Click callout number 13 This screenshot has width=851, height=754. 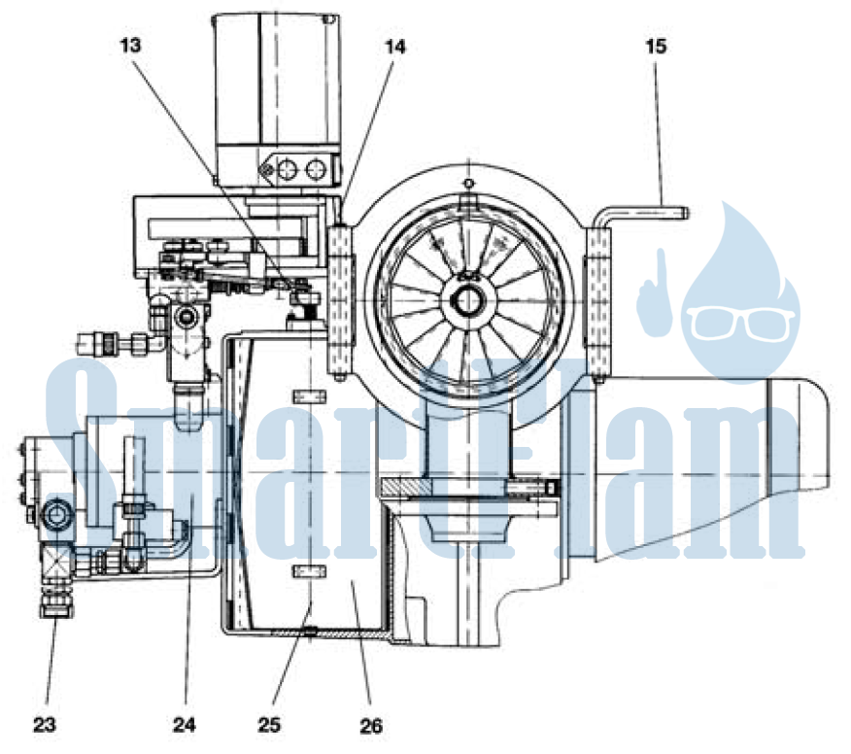130,46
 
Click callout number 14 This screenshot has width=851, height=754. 395,48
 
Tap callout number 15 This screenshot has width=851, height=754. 656,46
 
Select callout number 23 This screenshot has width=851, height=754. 45,724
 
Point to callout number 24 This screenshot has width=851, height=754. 185,724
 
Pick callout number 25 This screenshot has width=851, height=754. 269,724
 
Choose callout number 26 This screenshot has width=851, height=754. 371,725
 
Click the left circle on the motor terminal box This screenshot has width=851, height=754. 288,170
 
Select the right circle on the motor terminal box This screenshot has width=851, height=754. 316,170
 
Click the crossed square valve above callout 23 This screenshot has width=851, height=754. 56,565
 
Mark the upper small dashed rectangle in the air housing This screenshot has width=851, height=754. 309,396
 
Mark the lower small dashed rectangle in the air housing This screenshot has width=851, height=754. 309,571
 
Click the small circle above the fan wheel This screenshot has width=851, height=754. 469,183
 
